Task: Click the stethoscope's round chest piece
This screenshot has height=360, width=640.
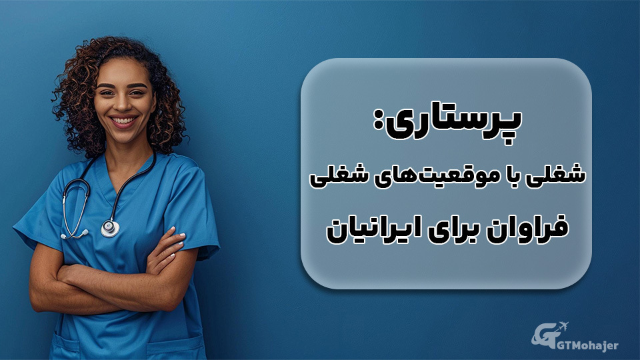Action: (x=110, y=229)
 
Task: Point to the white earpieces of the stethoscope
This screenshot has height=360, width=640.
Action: (x=74, y=234)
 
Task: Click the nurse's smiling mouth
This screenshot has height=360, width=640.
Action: (x=125, y=122)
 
